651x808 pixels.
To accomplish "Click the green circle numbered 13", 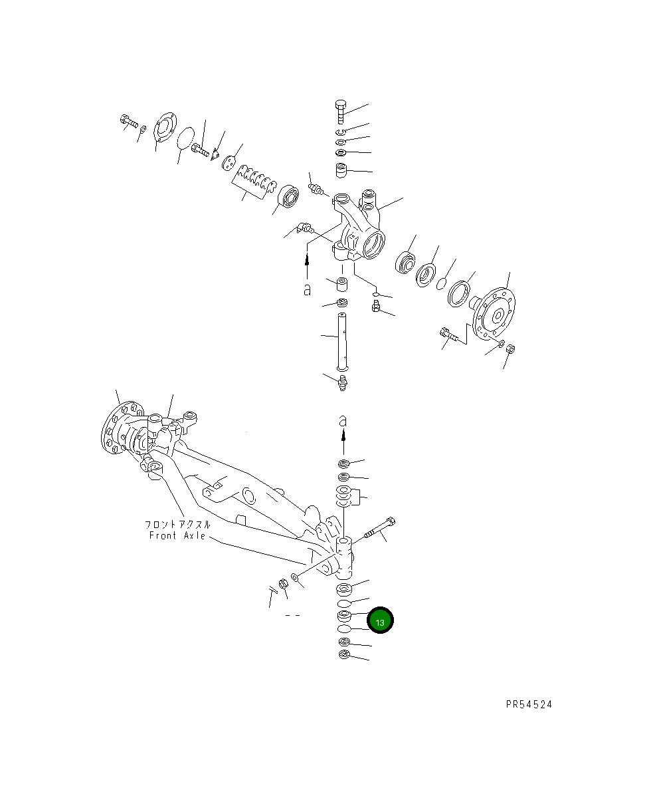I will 380,621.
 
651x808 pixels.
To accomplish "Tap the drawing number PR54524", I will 528,704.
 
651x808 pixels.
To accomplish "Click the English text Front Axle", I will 177,535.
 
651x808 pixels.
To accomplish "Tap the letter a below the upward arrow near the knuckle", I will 307,291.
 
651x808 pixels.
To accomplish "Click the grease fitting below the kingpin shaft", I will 343,384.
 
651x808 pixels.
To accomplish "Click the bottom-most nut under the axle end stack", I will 344,656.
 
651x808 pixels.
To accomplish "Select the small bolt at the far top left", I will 128,121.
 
